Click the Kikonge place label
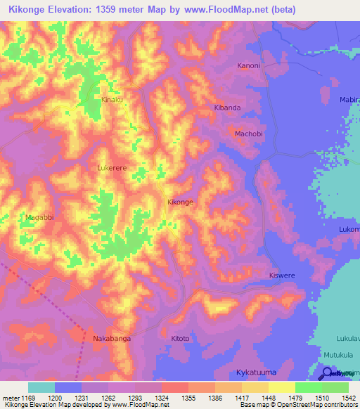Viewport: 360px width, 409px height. tap(180, 202)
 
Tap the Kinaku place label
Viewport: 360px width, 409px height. tap(112, 100)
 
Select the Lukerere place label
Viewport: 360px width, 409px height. tap(112, 169)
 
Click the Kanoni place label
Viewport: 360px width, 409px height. tap(248, 66)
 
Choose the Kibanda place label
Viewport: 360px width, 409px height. tap(227, 108)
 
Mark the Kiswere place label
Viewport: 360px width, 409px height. tap(283, 276)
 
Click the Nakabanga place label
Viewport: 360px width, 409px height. tap(111, 339)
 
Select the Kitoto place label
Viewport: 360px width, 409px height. tap(181, 339)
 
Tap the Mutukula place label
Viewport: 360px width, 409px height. tap(339, 356)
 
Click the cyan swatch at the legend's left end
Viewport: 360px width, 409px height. tap(41, 387)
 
